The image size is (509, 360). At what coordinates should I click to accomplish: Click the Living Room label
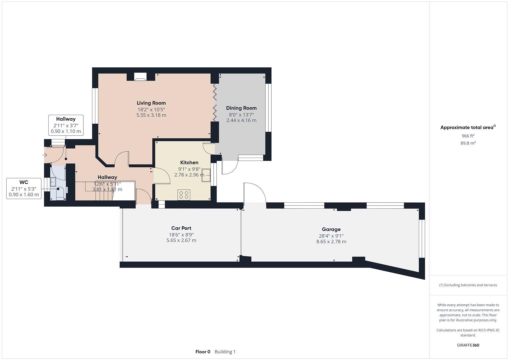151,103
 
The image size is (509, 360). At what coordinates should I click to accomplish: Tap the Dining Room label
241,108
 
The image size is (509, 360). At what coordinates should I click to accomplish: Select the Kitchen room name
189,163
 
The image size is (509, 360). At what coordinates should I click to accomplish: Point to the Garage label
331,229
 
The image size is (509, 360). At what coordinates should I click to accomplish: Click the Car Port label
181,228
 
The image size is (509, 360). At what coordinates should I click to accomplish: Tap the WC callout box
24,189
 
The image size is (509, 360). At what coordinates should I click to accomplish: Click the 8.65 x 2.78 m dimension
331,242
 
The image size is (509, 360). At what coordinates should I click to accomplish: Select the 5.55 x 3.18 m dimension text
151,115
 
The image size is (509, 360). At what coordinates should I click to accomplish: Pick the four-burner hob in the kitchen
184,195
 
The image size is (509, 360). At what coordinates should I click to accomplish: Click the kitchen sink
206,175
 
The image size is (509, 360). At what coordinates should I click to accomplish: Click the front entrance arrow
45,155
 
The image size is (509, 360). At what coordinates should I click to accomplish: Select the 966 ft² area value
468,136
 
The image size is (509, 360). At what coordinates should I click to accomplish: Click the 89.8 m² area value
468,143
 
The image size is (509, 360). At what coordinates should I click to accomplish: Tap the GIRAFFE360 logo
468,345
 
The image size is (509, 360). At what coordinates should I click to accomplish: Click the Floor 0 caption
203,352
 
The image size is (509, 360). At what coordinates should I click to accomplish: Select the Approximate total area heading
468,127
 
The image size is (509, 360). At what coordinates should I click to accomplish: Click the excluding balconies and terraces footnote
468,285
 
